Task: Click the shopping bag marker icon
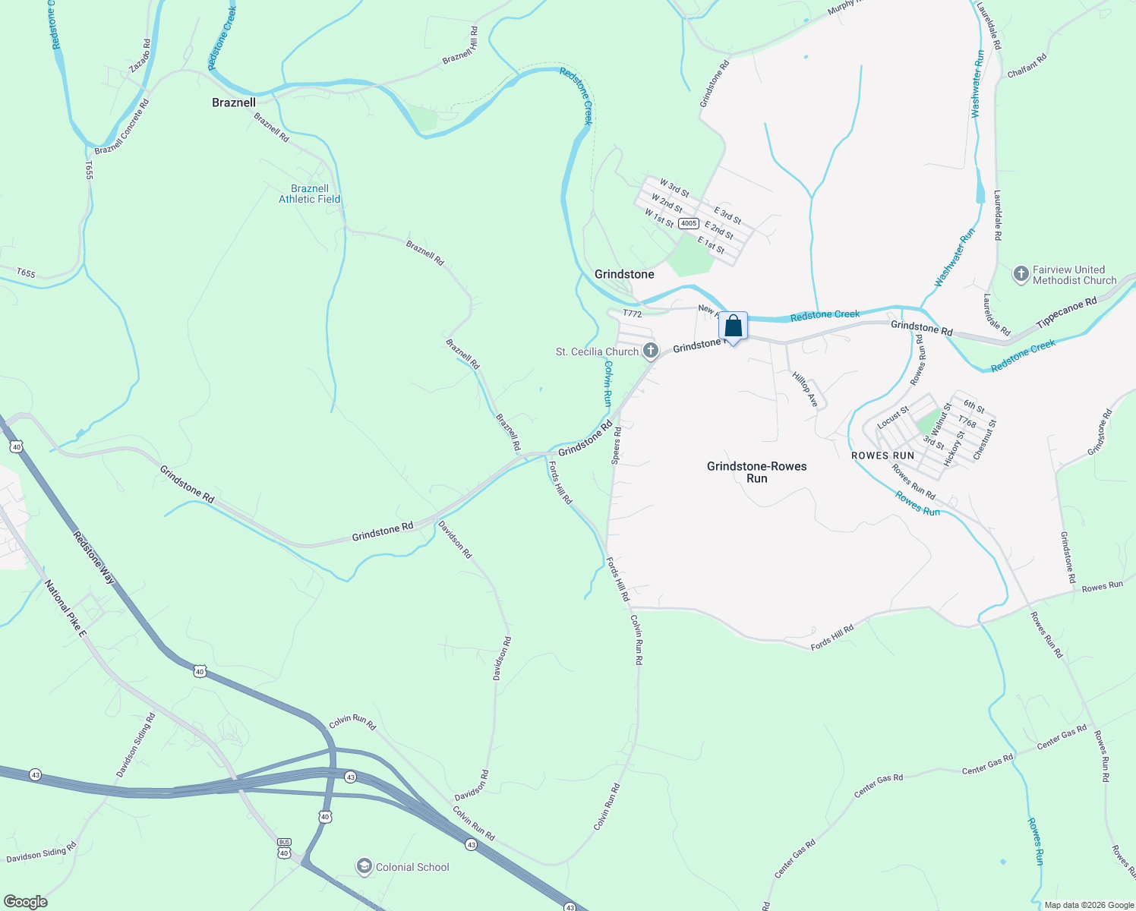point(733,326)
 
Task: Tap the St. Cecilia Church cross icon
point(651,351)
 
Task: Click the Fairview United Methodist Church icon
point(1021,274)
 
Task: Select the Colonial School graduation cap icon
point(364,866)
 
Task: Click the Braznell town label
point(233,102)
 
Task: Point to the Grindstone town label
point(624,274)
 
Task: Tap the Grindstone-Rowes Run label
point(756,472)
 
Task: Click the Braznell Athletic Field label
point(310,194)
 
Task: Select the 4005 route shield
point(688,223)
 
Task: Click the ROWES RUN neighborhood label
point(882,455)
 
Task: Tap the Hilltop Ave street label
point(805,389)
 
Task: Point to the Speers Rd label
point(617,446)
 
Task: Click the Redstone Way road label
point(95,557)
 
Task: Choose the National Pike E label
point(65,607)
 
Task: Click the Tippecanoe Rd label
point(1067,313)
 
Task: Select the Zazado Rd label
point(140,56)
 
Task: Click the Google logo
point(25,902)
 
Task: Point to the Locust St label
point(893,418)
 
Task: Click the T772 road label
point(633,314)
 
